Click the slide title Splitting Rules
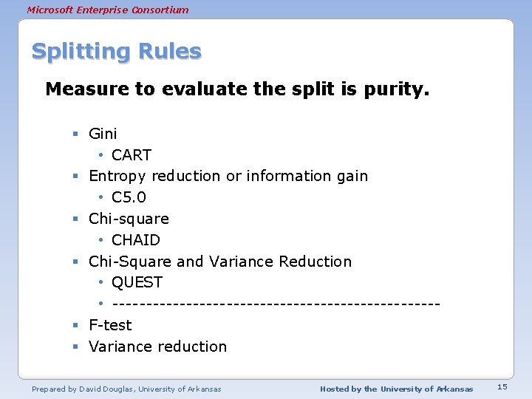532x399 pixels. pos(116,52)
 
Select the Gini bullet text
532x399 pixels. pos(103,134)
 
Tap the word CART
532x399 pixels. pos(132,155)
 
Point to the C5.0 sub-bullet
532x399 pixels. pos(129,197)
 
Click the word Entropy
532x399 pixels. pos(117,177)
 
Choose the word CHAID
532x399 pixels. pos(136,240)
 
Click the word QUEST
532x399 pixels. pos(137,282)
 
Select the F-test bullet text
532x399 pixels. pos(110,325)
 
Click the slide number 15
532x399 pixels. pos(502,387)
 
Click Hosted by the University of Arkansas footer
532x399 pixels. pos(396,389)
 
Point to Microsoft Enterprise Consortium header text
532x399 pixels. pos(108,10)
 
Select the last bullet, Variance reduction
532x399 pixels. pos(157,347)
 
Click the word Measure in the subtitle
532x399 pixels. pos(80,90)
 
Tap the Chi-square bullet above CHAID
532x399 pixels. pos(129,219)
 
